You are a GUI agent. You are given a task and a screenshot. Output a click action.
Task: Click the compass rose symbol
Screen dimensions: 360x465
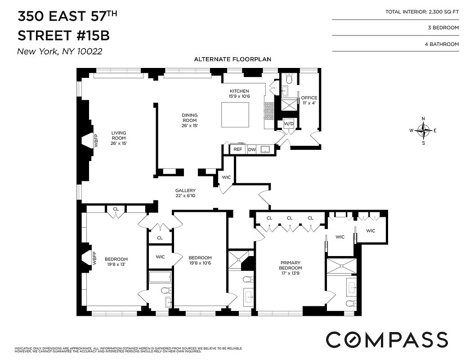pos(423,130)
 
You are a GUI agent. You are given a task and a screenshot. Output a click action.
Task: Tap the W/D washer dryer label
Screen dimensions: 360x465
pos(288,124)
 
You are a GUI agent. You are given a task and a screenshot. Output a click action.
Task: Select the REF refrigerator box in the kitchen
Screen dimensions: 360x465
pos(237,149)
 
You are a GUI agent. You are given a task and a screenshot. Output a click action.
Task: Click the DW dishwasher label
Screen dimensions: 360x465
pos(251,149)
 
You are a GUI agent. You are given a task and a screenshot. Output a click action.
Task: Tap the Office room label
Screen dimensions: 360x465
pos(309,100)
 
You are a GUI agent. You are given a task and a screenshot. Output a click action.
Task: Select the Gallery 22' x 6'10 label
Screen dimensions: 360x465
pos(185,193)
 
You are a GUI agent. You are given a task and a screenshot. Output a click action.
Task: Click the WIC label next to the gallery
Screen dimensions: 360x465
pos(226,177)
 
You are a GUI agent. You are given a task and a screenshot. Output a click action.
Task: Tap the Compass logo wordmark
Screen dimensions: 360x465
pos(386,339)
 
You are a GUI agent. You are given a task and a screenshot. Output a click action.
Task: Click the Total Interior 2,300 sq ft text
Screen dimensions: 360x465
pos(422,12)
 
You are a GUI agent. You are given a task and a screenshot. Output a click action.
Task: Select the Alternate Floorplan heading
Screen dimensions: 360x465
pos(232,59)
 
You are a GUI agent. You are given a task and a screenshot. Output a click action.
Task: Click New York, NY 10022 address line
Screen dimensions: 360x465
pos(59,51)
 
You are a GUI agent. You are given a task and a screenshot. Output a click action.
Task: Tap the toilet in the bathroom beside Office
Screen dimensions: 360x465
pos(289,80)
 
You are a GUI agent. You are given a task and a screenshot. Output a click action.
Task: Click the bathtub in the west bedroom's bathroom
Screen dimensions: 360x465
pos(160,277)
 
